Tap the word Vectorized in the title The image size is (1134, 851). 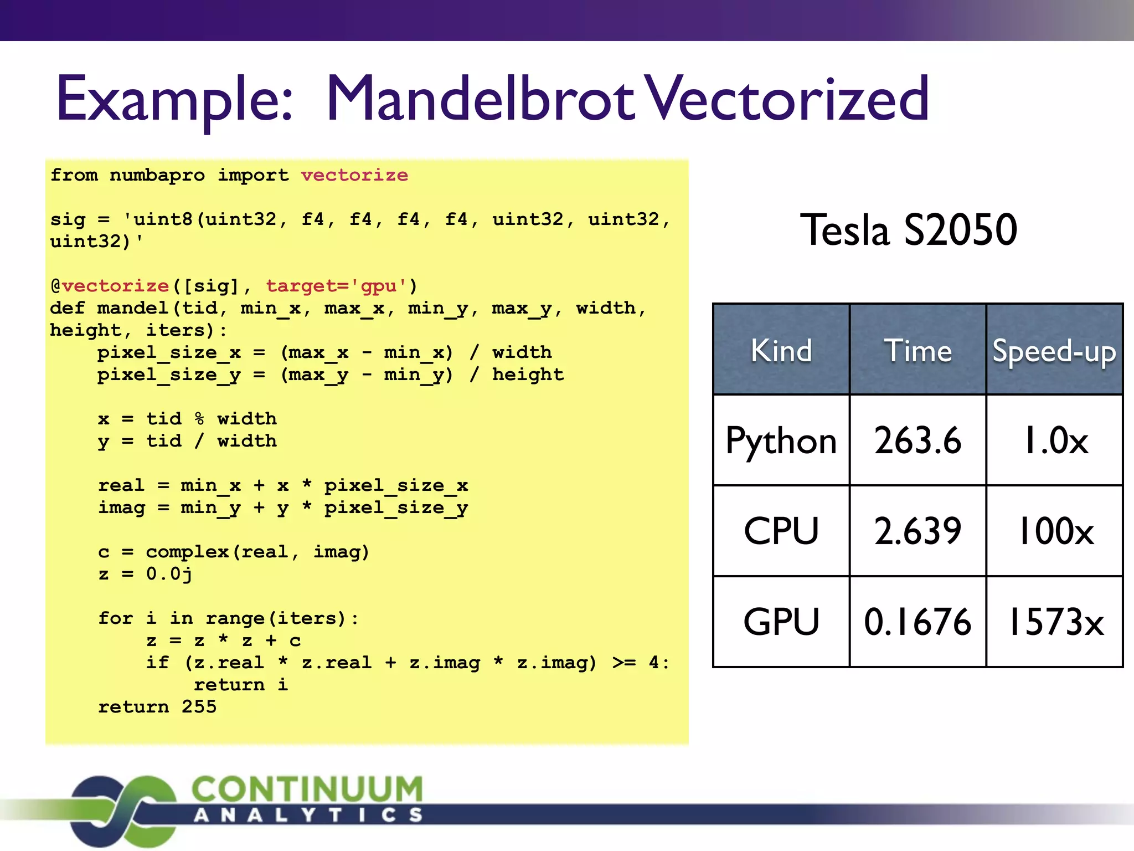pyautogui.click(x=788, y=100)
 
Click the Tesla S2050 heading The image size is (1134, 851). pyautogui.click(x=908, y=230)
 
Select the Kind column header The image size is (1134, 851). pyautogui.click(x=781, y=351)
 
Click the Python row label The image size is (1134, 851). pyautogui.click(x=781, y=442)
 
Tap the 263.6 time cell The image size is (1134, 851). pyautogui.click(x=917, y=441)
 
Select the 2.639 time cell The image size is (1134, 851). pyautogui.click(x=917, y=531)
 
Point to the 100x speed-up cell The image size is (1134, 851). pyautogui.click(x=1055, y=531)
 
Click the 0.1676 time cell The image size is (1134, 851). pyautogui.click(x=917, y=622)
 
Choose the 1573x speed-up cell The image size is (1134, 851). pyautogui.click(x=1055, y=622)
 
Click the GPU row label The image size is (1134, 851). pyautogui.click(x=781, y=622)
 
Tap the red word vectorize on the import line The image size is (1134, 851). pyautogui.click(x=354, y=175)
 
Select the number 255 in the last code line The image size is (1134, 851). pyautogui.click(x=199, y=706)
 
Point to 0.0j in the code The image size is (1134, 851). pyautogui.click(x=169, y=574)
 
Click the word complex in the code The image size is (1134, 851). pyautogui.click(x=187, y=552)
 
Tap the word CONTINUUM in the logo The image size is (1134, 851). pyautogui.click(x=307, y=789)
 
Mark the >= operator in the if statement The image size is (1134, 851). pyautogui.click(x=624, y=663)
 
